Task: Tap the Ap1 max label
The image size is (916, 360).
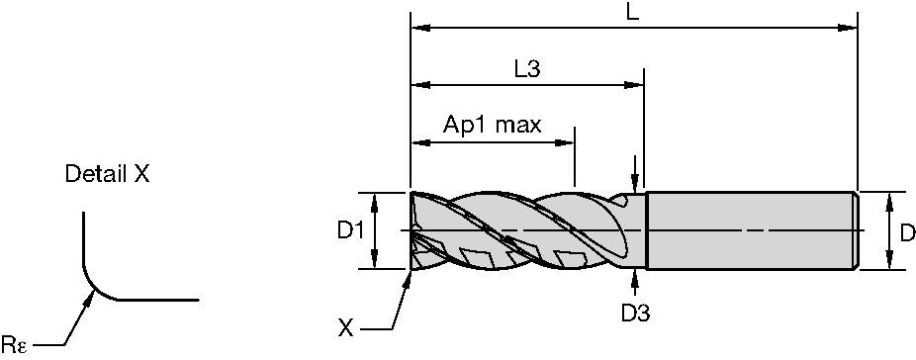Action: (492, 125)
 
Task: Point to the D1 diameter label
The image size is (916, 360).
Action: (350, 230)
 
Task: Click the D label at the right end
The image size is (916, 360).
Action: (907, 232)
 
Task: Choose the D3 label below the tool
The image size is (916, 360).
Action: (634, 314)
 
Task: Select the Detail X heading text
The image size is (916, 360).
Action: (106, 175)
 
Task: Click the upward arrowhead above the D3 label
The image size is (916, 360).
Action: (634, 277)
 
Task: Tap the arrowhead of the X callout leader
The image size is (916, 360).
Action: (409, 276)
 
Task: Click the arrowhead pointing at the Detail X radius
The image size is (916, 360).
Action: (91, 298)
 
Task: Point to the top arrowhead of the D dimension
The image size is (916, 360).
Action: (891, 199)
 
